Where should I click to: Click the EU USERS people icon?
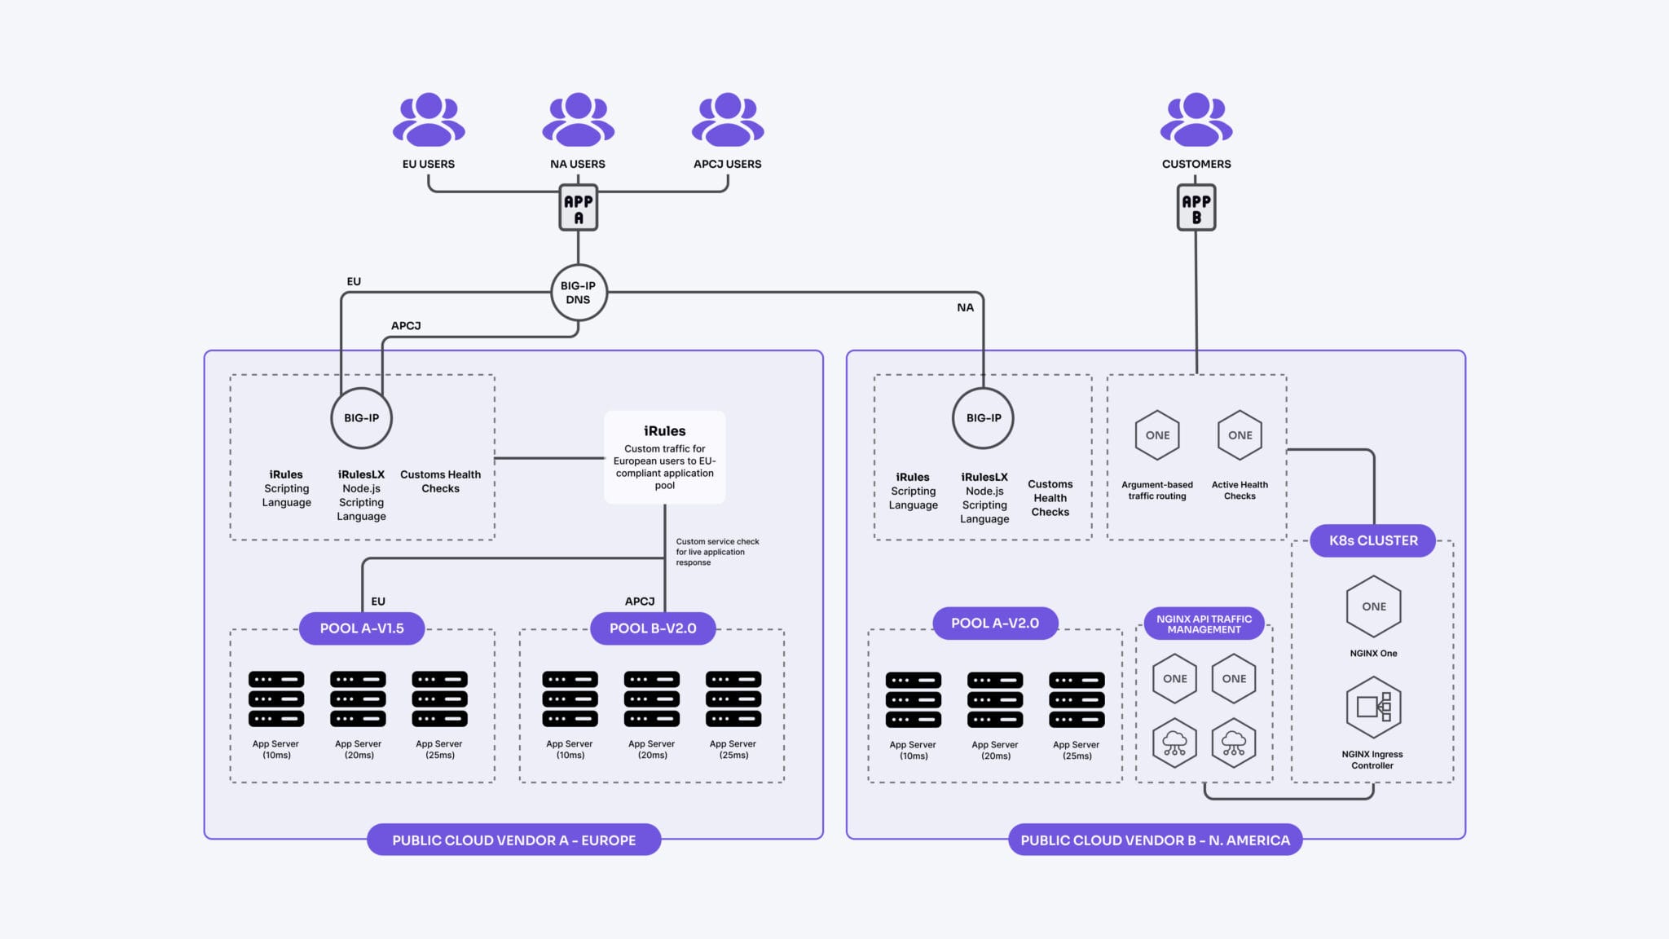point(429,119)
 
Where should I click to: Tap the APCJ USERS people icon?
point(728,119)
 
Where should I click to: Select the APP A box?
point(578,209)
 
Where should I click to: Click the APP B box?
point(1196,209)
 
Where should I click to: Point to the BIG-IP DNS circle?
point(578,293)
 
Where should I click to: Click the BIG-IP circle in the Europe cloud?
point(361,418)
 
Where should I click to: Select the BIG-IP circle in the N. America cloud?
point(984,418)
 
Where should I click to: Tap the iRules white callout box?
point(664,457)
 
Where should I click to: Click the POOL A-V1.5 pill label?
point(361,628)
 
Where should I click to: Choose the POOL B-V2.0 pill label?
point(653,628)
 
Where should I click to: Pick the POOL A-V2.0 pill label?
point(994,623)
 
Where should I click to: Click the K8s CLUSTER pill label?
point(1373,540)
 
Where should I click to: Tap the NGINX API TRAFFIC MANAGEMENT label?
point(1204,624)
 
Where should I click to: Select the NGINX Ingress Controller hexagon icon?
point(1373,707)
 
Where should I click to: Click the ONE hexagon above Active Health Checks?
point(1240,435)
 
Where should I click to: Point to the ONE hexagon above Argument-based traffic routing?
point(1157,435)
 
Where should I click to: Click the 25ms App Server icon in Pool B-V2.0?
point(733,699)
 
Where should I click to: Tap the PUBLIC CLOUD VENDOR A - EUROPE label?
point(513,840)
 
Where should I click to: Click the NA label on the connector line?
point(965,307)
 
